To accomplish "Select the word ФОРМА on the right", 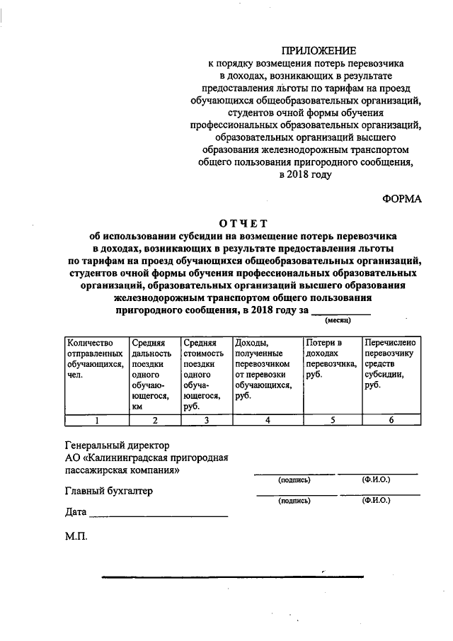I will click(402, 199).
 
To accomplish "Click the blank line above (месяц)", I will click(341, 311).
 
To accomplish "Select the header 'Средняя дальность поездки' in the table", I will click(154, 374).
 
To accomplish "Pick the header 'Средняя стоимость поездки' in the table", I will click(205, 374).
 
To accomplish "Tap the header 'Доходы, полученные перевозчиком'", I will click(265, 368).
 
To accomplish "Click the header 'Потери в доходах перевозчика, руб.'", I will click(331, 358).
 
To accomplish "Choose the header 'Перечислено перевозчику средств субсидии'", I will click(391, 363).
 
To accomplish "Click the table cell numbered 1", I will click(96, 420).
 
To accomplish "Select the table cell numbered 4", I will click(266, 420).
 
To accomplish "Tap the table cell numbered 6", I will click(391, 420).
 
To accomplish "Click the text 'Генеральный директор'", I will click(117, 446).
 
